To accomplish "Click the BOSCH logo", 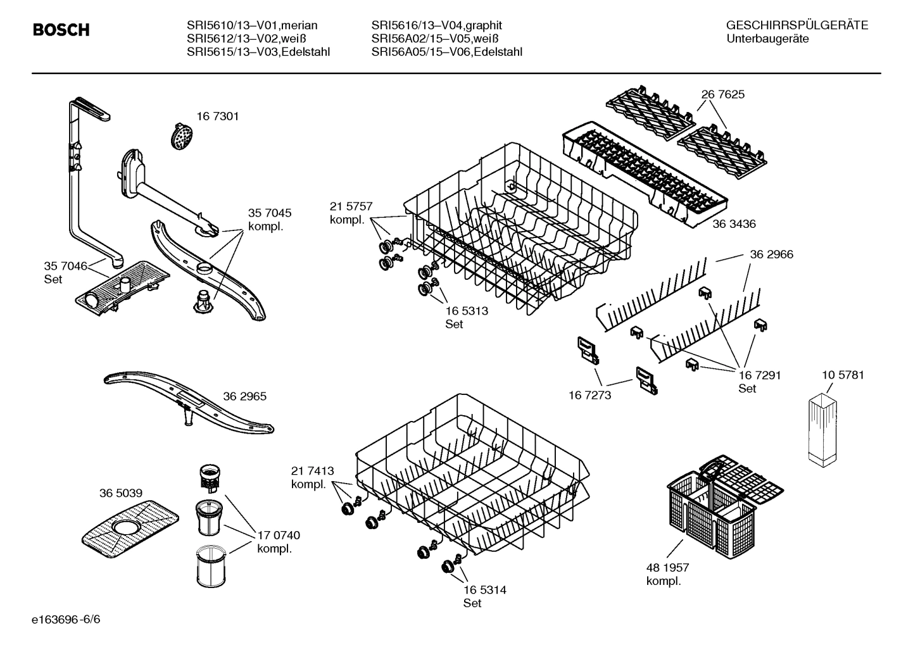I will pyautogui.click(x=61, y=30).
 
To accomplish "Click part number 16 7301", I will pyautogui.click(x=217, y=116).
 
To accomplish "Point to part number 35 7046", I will pyautogui.click(x=65, y=266).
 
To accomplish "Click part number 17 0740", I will pyautogui.click(x=278, y=535).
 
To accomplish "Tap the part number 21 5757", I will pyautogui.click(x=351, y=206).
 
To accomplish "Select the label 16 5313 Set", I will pyautogui.click(x=466, y=317).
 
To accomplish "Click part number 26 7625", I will pyautogui.click(x=722, y=94).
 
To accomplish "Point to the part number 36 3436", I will pyautogui.click(x=734, y=224).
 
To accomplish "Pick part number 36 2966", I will pyautogui.click(x=771, y=254).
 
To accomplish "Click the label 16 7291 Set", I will pyautogui.click(x=759, y=381).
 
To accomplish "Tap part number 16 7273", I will pyautogui.click(x=590, y=395).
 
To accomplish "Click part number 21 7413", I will pyautogui.click(x=312, y=471).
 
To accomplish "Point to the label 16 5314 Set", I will pyautogui.click(x=484, y=596).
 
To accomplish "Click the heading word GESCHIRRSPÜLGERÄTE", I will pyautogui.click(x=797, y=25).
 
